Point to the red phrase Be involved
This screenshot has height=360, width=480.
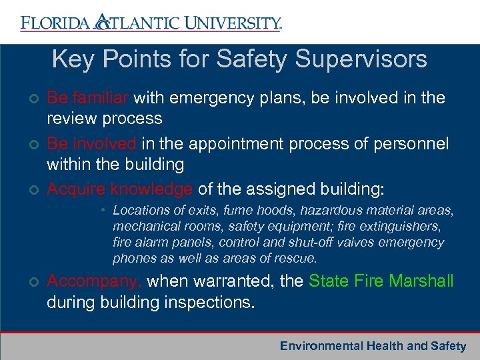tap(90, 144)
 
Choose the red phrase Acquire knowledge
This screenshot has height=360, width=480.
tap(120, 189)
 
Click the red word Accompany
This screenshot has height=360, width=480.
tap(94, 281)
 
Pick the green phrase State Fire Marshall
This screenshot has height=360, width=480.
tap(381, 281)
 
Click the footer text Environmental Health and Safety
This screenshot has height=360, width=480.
tap(373, 346)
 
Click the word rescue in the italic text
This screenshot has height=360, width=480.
tap(297, 259)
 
